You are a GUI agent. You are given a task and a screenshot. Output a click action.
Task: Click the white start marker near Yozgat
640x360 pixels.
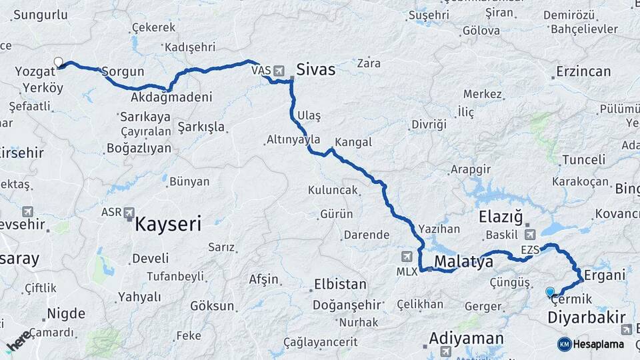pyautogui.click(x=58, y=62)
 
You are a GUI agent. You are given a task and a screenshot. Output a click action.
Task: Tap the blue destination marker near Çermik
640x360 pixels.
pyautogui.click(x=550, y=291)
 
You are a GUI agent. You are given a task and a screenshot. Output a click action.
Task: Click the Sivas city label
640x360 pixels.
pyautogui.click(x=315, y=69)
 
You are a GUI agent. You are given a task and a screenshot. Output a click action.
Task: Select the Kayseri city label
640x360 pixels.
pyautogui.click(x=168, y=224)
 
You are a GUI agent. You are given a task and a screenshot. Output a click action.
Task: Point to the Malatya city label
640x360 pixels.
pyautogui.click(x=463, y=261)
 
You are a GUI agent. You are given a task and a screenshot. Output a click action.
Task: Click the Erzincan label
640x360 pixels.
pyautogui.click(x=583, y=71)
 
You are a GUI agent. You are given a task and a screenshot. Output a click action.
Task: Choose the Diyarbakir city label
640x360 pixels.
pyautogui.click(x=586, y=317)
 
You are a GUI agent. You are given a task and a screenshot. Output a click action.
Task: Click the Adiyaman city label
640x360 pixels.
pyautogui.click(x=466, y=338)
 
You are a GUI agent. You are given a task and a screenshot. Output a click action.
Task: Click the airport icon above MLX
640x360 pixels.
pyautogui.click(x=407, y=257)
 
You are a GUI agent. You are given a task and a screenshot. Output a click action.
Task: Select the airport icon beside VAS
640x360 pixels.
pyautogui.click(x=278, y=70)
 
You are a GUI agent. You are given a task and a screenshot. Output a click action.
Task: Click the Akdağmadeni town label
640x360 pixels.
pyautogui.click(x=171, y=97)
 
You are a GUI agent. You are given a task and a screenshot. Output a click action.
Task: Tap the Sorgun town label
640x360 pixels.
pyautogui.click(x=123, y=71)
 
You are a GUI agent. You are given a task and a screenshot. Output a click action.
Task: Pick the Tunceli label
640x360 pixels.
pyautogui.click(x=584, y=160)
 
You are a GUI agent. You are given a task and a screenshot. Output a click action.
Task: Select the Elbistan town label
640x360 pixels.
pyautogui.click(x=340, y=284)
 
